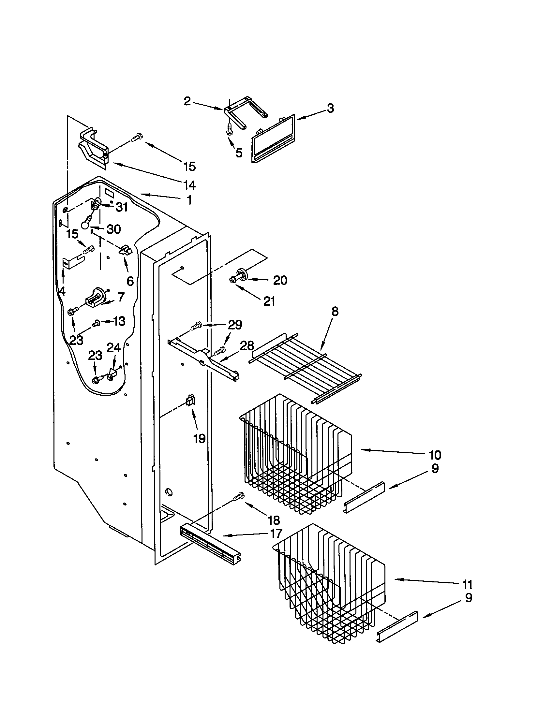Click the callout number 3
coord(330,108)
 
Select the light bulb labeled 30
coord(86,223)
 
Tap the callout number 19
coord(199,438)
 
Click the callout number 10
coord(435,455)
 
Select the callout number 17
coord(276,534)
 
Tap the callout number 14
coord(189,185)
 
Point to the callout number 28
coord(247,345)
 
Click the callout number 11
coord(467,584)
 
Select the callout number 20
coord(280,280)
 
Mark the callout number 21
coord(269,301)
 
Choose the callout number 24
coord(113,348)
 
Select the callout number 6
coord(130,281)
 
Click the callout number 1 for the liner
coord(189,200)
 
